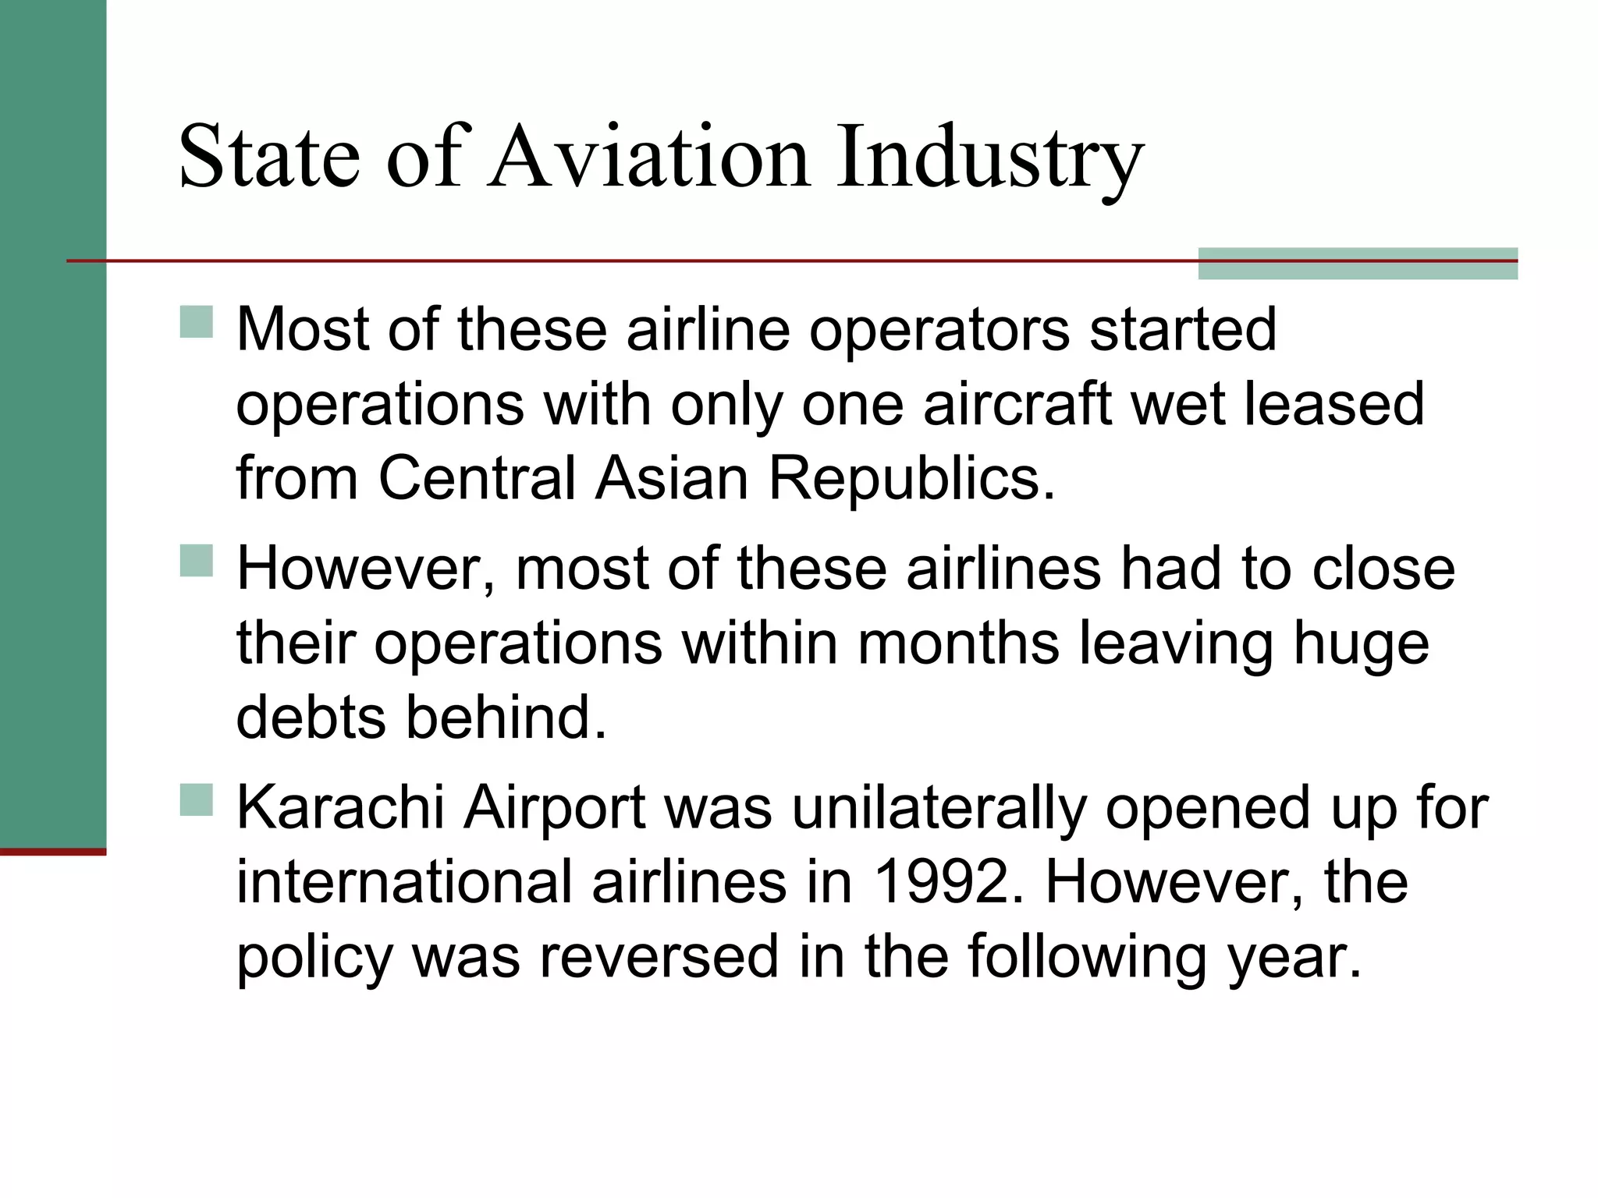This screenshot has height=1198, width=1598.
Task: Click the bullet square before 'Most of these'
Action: (x=197, y=321)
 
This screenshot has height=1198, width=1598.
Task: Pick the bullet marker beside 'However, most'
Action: (x=197, y=560)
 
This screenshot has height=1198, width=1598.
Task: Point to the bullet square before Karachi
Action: (x=197, y=799)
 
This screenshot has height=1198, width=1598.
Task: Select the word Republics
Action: (x=911, y=478)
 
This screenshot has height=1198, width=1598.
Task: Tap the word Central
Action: (x=477, y=478)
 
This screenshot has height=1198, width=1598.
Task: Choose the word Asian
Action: (x=672, y=478)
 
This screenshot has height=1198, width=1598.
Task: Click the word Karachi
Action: (x=340, y=807)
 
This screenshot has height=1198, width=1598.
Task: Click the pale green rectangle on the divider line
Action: (x=1357, y=264)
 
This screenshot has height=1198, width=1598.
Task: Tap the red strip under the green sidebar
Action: (x=53, y=852)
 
